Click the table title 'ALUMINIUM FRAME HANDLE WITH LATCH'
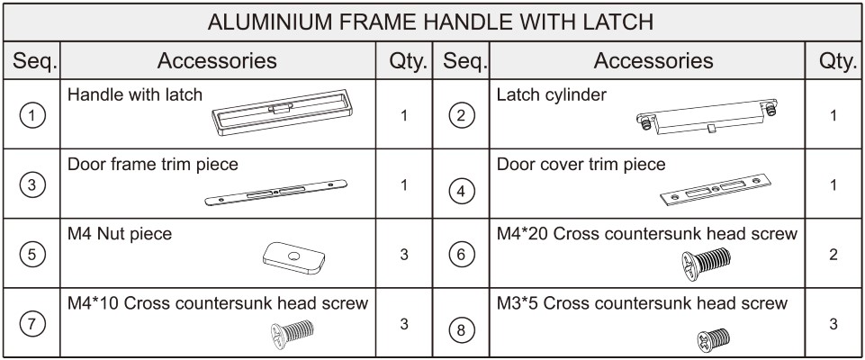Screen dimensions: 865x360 (430, 22)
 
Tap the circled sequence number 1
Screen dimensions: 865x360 (32, 116)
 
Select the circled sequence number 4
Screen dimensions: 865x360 (461, 192)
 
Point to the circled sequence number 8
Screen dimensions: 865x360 (461, 331)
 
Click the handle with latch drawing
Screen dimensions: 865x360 (282, 112)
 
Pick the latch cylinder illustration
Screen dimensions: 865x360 (707, 117)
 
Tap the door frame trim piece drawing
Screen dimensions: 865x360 (275, 193)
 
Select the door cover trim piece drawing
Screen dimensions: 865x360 (715, 190)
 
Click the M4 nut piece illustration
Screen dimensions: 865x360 (294, 257)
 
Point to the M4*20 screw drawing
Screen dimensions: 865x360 (706, 263)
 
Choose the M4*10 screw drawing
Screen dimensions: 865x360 (293, 334)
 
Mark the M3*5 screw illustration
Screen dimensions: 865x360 (713, 339)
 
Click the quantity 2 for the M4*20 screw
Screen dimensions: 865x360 (833, 255)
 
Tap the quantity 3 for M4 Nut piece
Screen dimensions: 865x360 (404, 255)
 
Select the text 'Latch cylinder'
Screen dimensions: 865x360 (551, 94)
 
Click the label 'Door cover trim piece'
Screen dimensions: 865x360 (581, 165)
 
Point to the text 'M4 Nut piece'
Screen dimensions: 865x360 (119, 234)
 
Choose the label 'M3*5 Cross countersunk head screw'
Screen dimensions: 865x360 (642, 303)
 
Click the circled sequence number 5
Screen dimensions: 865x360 (32, 255)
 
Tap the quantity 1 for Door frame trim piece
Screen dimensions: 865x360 (404, 185)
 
